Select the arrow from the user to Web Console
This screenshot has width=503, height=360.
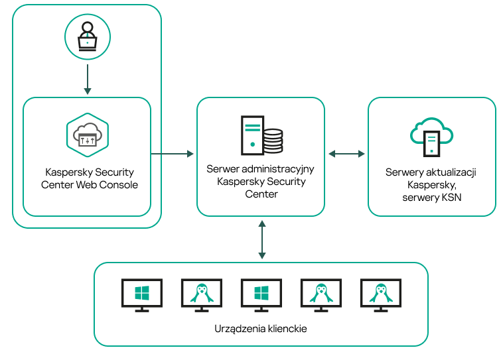point(87,80)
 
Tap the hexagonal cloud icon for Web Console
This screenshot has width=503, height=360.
point(87,135)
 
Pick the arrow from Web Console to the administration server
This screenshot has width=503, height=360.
point(172,154)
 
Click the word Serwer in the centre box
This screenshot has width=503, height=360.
point(222,170)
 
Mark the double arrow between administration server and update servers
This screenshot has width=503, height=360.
point(346,154)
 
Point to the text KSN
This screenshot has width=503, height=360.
point(450,198)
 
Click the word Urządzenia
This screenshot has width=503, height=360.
point(237,328)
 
